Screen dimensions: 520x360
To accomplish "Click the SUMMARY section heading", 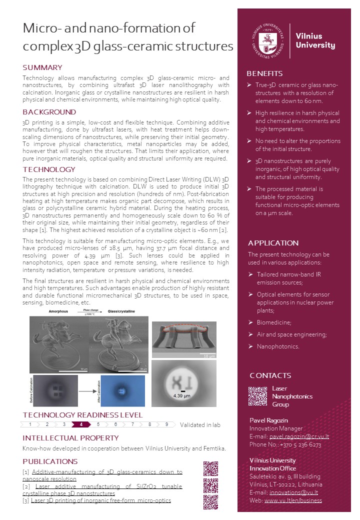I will [42, 67].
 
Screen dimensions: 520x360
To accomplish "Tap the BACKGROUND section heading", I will [49, 112].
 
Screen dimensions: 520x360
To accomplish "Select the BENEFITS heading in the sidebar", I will [264, 73].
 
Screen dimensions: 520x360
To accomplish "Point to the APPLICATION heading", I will [273, 243].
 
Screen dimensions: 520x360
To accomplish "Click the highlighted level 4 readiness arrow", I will [81, 424].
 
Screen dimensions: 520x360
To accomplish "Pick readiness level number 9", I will [166, 424].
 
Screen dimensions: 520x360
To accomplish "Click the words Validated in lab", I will [200, 425].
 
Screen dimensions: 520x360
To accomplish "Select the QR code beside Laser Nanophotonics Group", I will [257, 396].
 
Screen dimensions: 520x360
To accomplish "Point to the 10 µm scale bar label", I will [210, 356].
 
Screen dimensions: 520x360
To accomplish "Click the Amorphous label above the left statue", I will [58, 311].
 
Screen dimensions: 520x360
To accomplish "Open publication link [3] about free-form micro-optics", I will [100, 500].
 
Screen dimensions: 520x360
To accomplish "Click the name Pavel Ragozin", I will [269, 420].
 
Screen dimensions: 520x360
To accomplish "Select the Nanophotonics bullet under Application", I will [278, 346].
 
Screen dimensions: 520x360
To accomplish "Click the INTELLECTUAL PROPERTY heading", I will [70, 438].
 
